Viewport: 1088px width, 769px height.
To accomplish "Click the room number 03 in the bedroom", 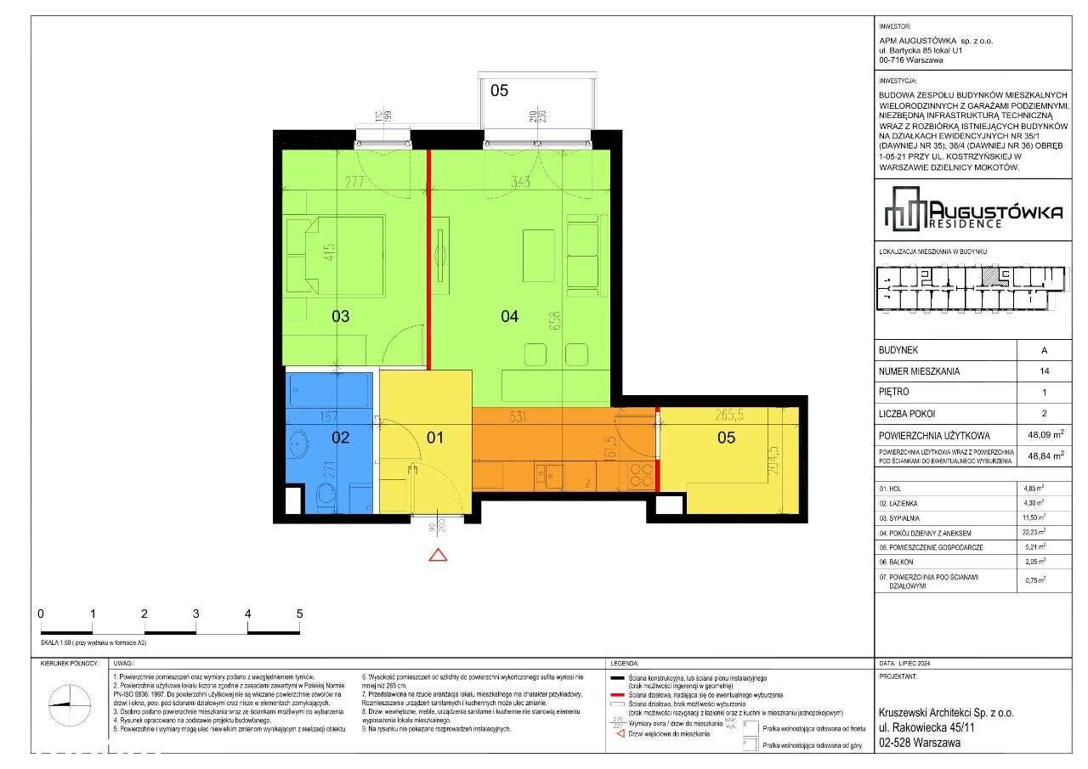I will click(340, 317).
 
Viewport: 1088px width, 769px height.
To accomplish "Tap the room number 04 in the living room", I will click(509, 317).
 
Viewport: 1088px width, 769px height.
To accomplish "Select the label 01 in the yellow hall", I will click(434, 438).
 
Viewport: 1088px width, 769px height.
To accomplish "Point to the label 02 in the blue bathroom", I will click(340, 438).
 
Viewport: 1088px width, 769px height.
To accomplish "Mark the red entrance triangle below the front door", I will click(438, 556).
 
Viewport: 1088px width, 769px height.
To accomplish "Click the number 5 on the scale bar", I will click(299, 614).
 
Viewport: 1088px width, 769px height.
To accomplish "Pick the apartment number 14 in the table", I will click(1044, 371).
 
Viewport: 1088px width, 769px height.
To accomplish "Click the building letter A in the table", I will click(1044, 350).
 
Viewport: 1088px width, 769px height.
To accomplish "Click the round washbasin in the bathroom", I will click(299, 442).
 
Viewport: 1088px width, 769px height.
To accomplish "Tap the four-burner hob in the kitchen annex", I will click(640, 475).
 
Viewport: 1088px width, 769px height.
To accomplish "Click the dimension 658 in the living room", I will click(555, 320).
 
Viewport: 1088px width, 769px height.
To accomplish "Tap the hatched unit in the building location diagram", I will click(989, 275).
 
